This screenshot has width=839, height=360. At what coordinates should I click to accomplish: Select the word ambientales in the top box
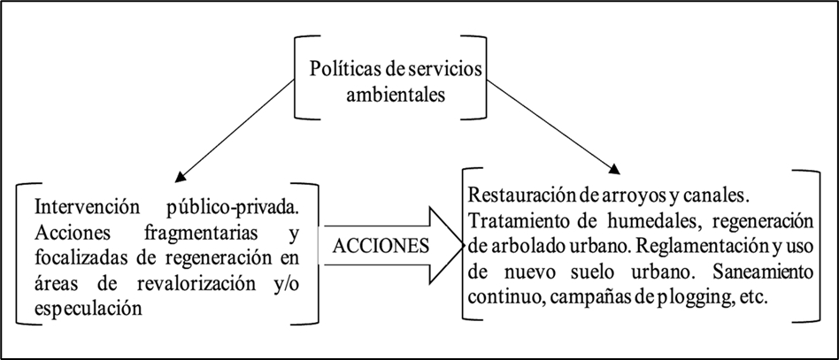point(396,96)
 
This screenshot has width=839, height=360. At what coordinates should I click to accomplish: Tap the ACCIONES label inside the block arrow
point(381,246)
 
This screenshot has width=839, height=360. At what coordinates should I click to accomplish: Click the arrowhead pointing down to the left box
point(181,177)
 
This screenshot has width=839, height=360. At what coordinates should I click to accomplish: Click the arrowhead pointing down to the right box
point(615,167)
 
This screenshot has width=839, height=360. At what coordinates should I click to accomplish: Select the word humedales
point(667,220)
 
